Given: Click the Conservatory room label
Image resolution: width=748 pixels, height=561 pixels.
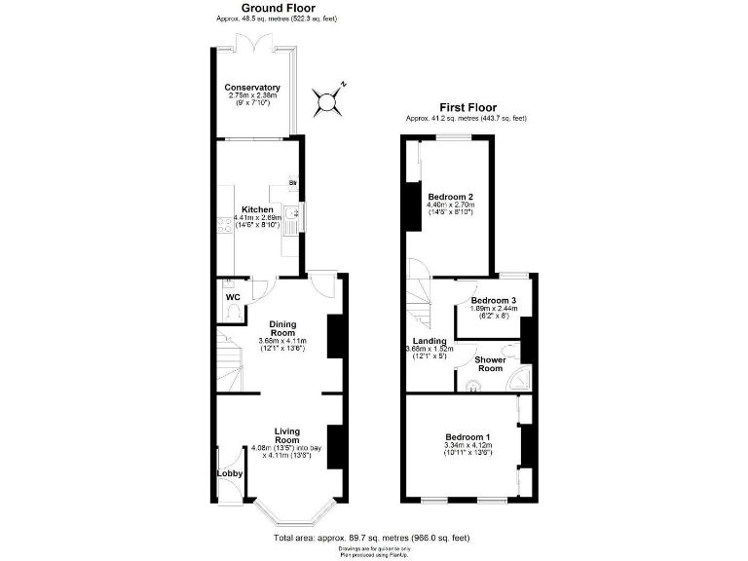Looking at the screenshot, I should [x=252, y=88].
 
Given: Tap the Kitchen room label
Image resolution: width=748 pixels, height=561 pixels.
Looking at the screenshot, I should [x=257, y=209].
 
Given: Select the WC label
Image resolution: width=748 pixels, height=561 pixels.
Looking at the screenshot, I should [x=233, y=297].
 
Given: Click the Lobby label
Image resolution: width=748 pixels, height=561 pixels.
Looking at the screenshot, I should [x=230, y=474].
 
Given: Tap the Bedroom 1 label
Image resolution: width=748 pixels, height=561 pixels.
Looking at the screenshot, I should [x=468, y=436].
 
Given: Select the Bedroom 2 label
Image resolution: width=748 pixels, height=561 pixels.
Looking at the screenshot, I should [x=450, y=196].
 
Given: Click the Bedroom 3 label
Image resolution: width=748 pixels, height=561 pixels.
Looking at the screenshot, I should [x=493, y=300].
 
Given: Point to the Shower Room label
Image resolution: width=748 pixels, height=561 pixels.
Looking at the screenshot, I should [x=489, y=363].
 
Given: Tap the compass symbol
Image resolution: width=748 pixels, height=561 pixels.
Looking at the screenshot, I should [x=329, y=98].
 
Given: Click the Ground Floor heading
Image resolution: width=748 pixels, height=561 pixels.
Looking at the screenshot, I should [x=250, y=8].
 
